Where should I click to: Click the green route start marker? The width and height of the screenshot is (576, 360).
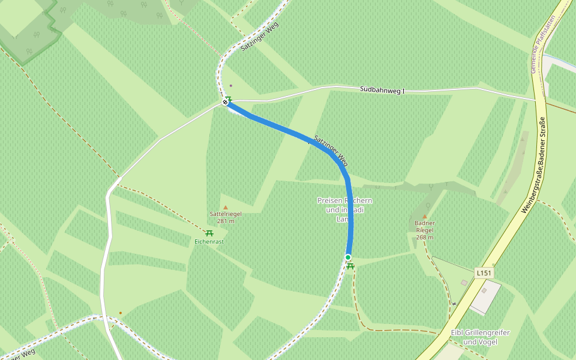tap(348, 257)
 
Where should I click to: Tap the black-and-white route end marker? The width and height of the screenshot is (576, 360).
tap(226, 103)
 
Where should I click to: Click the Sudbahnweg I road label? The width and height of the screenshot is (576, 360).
tap(382, 90)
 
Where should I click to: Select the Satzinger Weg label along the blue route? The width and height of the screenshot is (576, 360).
tap(331, 151)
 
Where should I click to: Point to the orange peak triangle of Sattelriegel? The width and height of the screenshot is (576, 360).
tap(226, 208)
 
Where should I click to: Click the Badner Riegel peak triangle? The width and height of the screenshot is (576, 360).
tap(425, 217)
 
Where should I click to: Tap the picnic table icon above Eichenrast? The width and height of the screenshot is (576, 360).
tap(209, 233)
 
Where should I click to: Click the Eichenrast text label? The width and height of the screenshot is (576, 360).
tap(209, 242)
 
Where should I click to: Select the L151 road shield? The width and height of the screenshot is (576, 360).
tap(484, 273)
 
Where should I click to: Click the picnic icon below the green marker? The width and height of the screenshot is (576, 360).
tap(350, 266)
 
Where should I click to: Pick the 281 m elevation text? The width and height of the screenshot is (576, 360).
tap(226, 221)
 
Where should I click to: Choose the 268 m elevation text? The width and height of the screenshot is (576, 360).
tap(425, 237)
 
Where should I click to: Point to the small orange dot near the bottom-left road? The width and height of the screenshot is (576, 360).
tap(120, 313)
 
